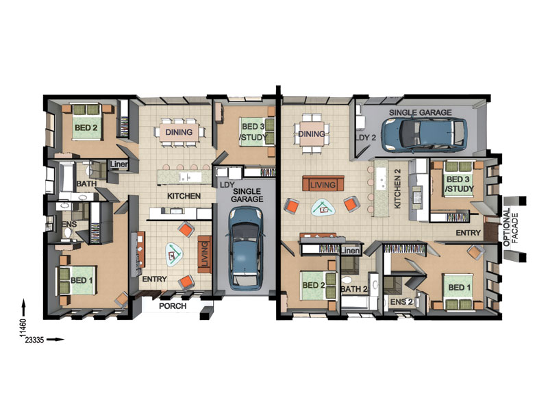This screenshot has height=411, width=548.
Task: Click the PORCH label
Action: click(173, 306)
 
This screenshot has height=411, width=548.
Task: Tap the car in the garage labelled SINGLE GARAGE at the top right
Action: click(423, 135)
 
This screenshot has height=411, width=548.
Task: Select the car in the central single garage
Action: click(245, 247)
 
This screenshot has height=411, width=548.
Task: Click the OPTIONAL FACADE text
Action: click(510, 228)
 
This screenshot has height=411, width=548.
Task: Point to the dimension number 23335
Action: click(34, 340)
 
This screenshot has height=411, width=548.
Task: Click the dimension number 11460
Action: click(23, 327)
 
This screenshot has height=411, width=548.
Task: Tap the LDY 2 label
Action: click(366, 138)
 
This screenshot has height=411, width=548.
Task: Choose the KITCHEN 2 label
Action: click(397, 189)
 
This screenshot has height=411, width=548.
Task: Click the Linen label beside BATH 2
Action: click(351, 251)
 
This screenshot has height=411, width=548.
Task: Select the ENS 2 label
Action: click(401, 301)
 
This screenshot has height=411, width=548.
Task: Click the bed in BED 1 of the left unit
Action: click(77, 280)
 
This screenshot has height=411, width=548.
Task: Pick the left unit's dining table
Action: click(179, 132)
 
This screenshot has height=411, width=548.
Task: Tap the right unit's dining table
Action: click(312, 134)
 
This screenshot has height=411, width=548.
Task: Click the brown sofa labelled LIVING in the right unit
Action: click(323, 184)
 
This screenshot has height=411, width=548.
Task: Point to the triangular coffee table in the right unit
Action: click(323, 209)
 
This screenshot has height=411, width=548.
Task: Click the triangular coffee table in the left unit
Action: click(174, 255)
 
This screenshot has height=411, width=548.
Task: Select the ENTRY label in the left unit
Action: click(155, 279)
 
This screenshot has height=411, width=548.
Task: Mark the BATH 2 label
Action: click(354, 289)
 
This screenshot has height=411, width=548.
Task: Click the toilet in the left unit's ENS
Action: click(68, 233)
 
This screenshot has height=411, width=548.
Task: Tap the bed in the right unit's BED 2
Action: click(318, 285)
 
